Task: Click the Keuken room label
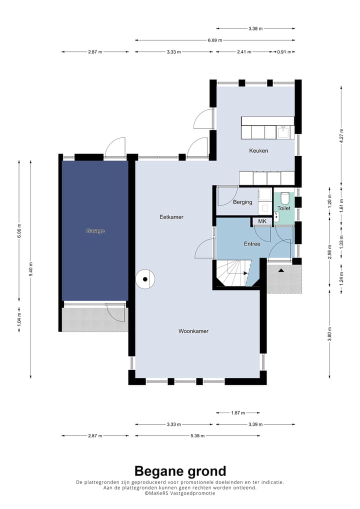point(258,150)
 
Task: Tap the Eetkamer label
point(171,217)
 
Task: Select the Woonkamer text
point(193,331)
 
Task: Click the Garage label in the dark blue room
point(95,231)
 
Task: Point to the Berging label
point(242,202)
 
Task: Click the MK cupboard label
point(262,221)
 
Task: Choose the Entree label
point(252,244)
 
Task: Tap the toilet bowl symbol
point(284,197)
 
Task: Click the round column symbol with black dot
point(145,279)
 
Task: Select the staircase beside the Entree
point(234,273)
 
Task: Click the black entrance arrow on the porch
point(281,270)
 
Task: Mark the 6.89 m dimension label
point(215,40)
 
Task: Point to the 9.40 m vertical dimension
point(31,269)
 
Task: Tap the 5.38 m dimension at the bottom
point(197,435)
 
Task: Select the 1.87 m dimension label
point(238,413)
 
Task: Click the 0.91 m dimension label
point(284,51)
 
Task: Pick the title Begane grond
point(180,471)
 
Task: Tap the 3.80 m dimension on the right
point(329,334)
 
